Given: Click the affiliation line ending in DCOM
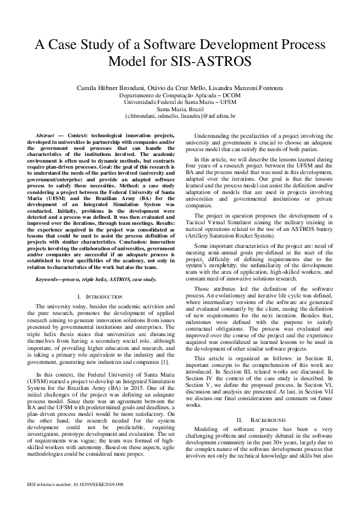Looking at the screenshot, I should coord(179,96).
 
